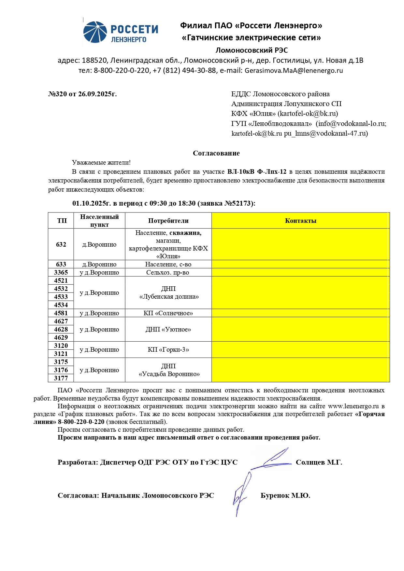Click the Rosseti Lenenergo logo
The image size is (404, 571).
(121, 32)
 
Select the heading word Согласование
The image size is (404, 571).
(216, 153)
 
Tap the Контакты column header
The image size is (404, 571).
(300, 221)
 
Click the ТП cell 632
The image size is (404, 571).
(61, 245)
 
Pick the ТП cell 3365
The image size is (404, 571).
(61, 273)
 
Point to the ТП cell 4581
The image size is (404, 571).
(61, 313)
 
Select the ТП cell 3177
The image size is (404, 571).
(61, 378)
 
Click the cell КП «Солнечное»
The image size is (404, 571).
(168, 313)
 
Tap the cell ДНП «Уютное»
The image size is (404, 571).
(168, 330)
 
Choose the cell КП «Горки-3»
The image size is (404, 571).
(168, 350)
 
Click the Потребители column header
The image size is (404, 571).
(168, 221)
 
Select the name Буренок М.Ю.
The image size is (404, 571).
(285, 496)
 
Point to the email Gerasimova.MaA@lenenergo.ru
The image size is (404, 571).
(294, 71)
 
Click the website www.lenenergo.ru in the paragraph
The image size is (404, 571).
(353, 406)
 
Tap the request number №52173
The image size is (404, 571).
(238, 204)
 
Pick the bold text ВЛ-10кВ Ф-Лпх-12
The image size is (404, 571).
(257, 172)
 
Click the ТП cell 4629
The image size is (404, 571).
(61, 338)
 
